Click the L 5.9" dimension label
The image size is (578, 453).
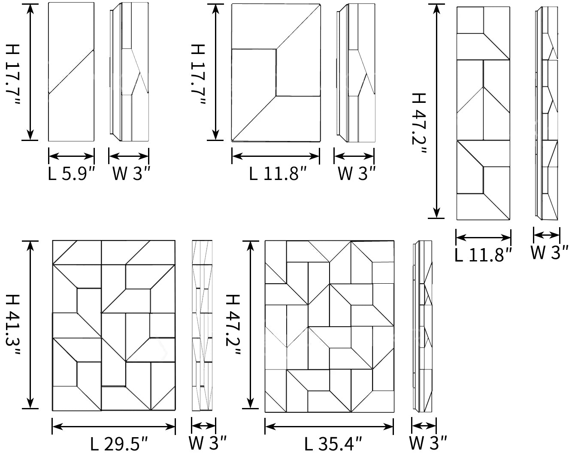pos(71,174)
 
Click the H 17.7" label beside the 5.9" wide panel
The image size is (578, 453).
pos(13,75)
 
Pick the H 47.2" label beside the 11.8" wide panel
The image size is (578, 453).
pos(419,123)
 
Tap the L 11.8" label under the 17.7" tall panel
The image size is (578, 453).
pos(278,174)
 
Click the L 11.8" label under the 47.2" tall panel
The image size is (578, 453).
pos(483,255)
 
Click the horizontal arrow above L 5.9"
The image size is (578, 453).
pos(71,156)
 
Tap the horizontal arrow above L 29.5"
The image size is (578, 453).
pos(114,427)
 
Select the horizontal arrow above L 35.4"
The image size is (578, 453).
pos(329,427)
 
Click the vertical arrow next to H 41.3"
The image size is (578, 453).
pos(30,325)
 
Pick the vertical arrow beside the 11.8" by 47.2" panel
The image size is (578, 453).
pos(436,111)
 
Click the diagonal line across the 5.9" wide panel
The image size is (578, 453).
pos(71,72)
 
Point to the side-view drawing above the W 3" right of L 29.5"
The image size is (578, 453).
pos(202,326)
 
